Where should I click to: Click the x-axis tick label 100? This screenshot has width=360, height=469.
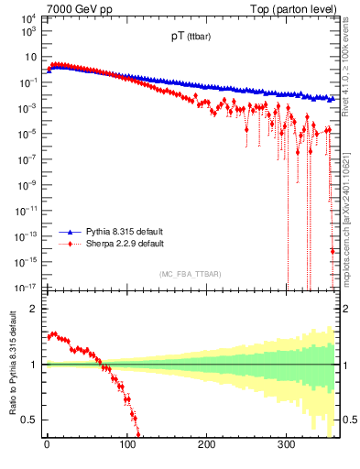[x=126, y=445]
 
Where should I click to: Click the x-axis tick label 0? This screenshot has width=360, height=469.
[x=47, y=445]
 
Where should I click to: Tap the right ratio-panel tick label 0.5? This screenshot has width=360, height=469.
[x=350, y=420]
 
